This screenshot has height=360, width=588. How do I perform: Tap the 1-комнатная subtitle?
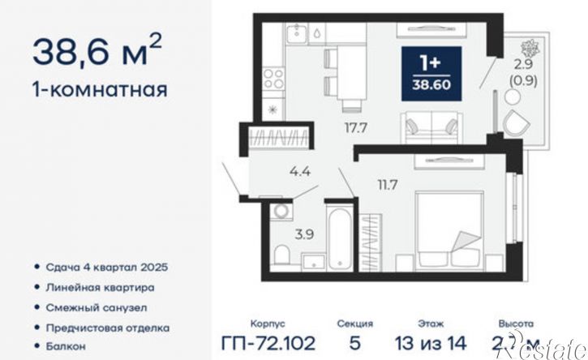click(x=100, y=88)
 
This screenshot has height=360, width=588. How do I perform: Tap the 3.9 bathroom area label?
click(x=281, y=234)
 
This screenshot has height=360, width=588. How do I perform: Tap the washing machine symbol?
click(x=283, y=212)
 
